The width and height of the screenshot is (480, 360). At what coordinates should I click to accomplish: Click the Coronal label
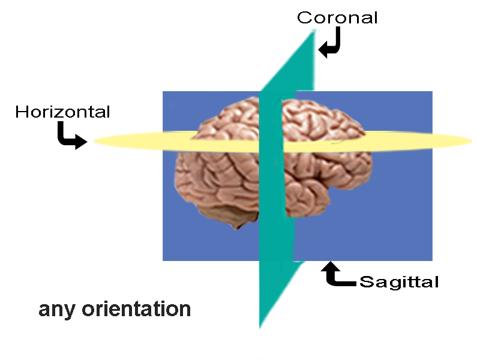(x=338, y=17)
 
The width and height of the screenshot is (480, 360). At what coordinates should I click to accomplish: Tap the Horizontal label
(x=63, y=112)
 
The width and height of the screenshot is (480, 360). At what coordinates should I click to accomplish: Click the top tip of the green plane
(x=313, y=29)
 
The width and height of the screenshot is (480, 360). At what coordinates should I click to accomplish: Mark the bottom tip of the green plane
(x=260, y=327)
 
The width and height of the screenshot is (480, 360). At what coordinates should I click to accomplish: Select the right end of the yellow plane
(x=472, y=141)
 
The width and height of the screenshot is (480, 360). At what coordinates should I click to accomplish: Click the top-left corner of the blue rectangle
(x=163, y=92)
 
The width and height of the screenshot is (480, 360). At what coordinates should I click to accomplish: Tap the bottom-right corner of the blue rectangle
(x=432, y=260)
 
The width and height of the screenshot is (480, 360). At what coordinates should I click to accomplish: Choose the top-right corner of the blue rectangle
(x=432, y=92)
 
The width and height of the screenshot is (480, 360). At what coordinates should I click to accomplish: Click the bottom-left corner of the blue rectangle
(x=163, y=260)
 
